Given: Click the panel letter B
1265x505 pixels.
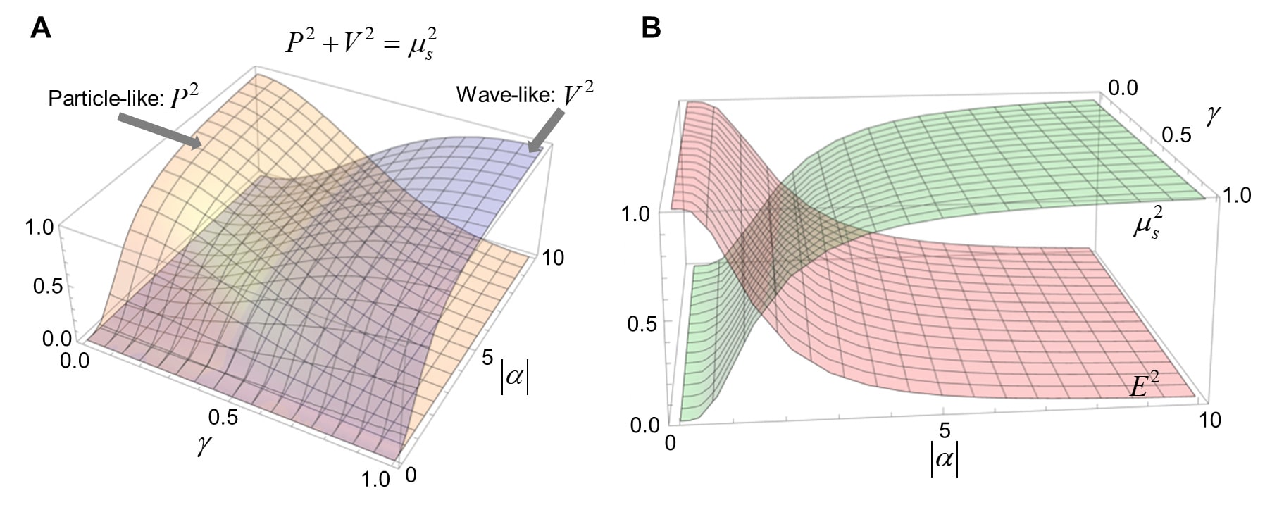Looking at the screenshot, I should point(652,27).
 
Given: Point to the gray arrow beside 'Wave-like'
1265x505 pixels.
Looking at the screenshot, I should point(546,131).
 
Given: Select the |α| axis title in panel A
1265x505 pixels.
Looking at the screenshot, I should point(514,378).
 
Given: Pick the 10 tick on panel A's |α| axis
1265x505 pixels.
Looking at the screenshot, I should point(553,258).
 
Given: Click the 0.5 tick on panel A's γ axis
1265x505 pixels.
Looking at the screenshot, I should point(223,417).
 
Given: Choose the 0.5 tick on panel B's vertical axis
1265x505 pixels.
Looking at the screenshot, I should point(642,323).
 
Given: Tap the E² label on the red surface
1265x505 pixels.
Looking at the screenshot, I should point(1145,385).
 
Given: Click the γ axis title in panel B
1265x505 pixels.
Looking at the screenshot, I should point(1213,114).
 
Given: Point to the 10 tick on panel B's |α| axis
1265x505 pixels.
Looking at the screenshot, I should point(1210,420).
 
